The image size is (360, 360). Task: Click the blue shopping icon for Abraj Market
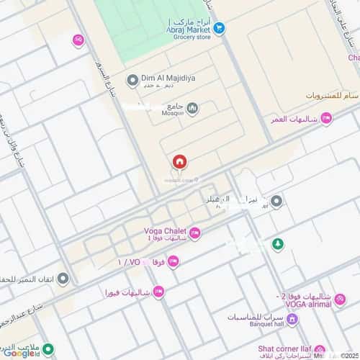tap(220, 29)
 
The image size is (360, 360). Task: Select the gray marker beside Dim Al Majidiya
tap(132, 79)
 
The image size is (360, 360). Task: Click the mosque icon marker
tap(192, 108)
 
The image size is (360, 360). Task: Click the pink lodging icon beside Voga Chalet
tap(195, 232)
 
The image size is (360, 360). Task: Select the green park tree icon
tap(276, 245)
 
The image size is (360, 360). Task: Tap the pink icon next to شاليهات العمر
tap(325, 119)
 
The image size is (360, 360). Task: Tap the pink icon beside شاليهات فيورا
tap(158, 292)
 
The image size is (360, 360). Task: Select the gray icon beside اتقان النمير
tap(63, 278)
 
